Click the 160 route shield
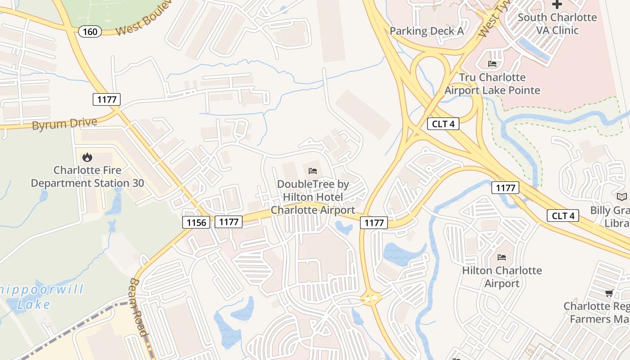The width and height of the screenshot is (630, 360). [90, 31]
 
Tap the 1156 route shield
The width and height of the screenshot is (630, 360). [196, 222]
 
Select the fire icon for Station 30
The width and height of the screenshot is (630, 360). [87, 157]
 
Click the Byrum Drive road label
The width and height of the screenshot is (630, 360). [64, 124]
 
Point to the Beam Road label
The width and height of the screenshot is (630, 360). [138, 307]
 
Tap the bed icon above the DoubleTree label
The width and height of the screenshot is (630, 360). [313, 171]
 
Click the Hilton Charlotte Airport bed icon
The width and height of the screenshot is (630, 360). [502, 257]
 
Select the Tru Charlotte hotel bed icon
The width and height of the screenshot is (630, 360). [492, 64]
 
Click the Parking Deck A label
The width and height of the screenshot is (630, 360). [427, 31]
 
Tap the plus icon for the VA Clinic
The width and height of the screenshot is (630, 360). [557, 4]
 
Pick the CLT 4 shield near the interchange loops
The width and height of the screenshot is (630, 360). [443, 124]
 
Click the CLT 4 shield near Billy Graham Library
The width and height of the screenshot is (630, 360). [563, 216]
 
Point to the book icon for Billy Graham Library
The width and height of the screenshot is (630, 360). [621, 197]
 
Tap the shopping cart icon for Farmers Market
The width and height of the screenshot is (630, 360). [609, 293]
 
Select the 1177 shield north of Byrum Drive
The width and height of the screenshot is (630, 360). [107, 99]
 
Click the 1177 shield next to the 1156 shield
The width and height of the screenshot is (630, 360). [229, 221]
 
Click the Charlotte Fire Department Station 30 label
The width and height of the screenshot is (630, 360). [87, 177]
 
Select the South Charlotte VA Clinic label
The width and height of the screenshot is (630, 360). [557, 24]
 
